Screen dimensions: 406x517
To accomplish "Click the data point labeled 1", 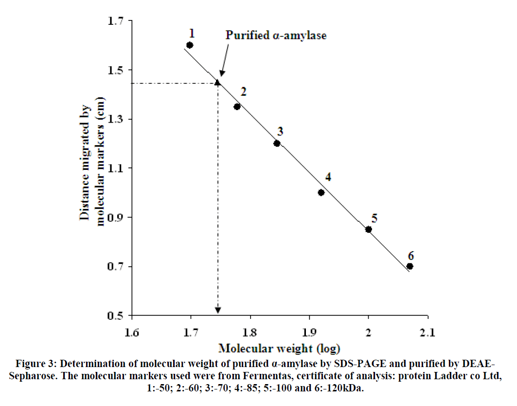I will pyautogui.click(x=190, y=45).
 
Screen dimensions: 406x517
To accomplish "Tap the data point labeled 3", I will pyautogui.click(x=277, y=143).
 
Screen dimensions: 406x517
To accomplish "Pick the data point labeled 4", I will pyautogui.click(x=321, y=192).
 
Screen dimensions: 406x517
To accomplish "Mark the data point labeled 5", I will pyautogui.click(x=368, y=229).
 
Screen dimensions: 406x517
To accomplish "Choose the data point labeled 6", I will pyautogui.click(x=410, y=266).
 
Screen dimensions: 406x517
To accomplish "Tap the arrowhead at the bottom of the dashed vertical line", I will pyautogui.click(x=218, y=310).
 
